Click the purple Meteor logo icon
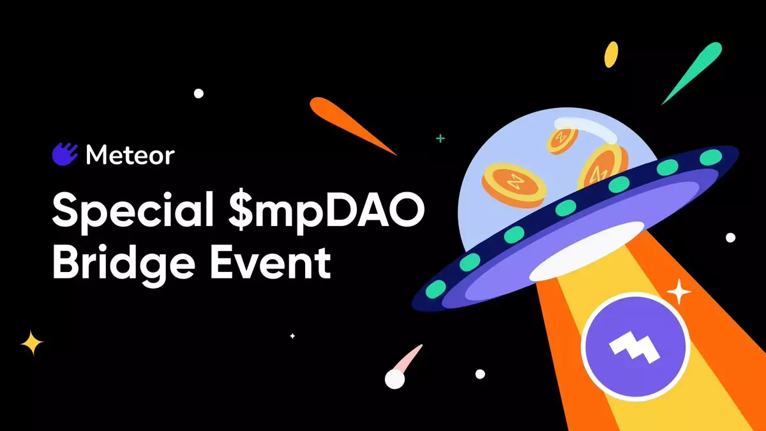(64, 155)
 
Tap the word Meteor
(130, 155)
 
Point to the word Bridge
(124, 264)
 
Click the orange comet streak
(352, 125)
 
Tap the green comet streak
(692, 73)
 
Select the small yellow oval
(611, 55)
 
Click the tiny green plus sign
(440, 139)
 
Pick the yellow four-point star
(32, 343)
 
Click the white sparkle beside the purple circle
(679, 292)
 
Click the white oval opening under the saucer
(587, 252)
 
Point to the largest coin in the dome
(514, 185)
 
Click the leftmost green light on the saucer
(435, 289)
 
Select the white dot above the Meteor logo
(199, 93)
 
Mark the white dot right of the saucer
(730, 238)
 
